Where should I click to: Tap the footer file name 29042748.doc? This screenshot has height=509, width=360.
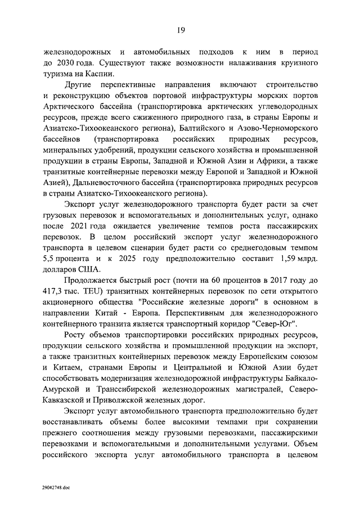[x=55, y=487]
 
